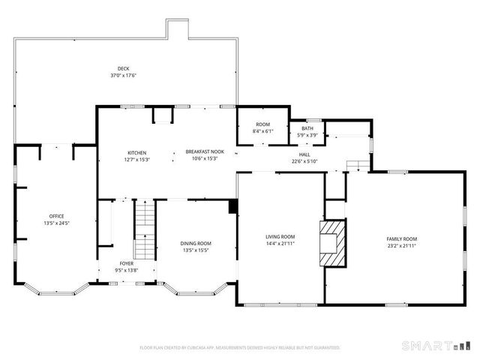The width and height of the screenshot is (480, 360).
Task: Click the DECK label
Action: click(x=123, y=68)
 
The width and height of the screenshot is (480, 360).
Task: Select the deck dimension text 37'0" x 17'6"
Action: click(x=123, y=75)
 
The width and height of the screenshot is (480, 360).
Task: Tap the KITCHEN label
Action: click(x=136, y=152)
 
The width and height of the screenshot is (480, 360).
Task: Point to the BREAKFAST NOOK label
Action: click(x=205, y=152)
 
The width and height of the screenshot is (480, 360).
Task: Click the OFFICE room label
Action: click(x=57, y=216)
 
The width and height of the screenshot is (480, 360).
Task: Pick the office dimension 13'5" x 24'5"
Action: click(x=57, y=223)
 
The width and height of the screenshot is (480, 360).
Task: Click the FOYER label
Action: click(x=127, y=263)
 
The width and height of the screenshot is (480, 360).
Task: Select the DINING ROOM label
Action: click(x=196, y=243)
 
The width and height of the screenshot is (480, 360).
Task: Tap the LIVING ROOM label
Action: click(x=280, y=237)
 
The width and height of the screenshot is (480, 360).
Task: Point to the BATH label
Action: click(x=307, y=128)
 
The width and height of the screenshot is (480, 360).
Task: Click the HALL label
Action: click(x=304, y=154)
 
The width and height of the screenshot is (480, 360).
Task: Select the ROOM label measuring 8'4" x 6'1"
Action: click(x=262, y=124)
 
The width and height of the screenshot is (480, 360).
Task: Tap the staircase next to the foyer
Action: click(x=143, y=229)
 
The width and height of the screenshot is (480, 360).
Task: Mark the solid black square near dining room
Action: click(x=232, y=206)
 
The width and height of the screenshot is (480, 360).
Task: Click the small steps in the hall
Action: click(x=358, y=166)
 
